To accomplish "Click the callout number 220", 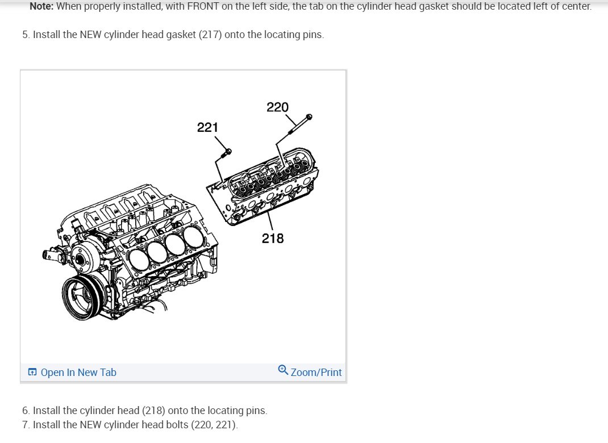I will pyautogui.click(x=277, y=107).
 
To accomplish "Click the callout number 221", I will pyautogui.click(x=207, y=127).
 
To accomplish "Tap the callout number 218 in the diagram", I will pyautogui.click(x=273, y=239).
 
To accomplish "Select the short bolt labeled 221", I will pyautogui.click(x=225, y=154).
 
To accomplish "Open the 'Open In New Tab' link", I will pyautogui.click(x=78, y=373).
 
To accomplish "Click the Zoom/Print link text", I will pyautogui.click(x=316, y=373).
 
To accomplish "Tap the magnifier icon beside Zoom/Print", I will pyautogui.click(x=283, y=370).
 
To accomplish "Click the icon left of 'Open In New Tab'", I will pyautogui.click(x=33, y=373).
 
